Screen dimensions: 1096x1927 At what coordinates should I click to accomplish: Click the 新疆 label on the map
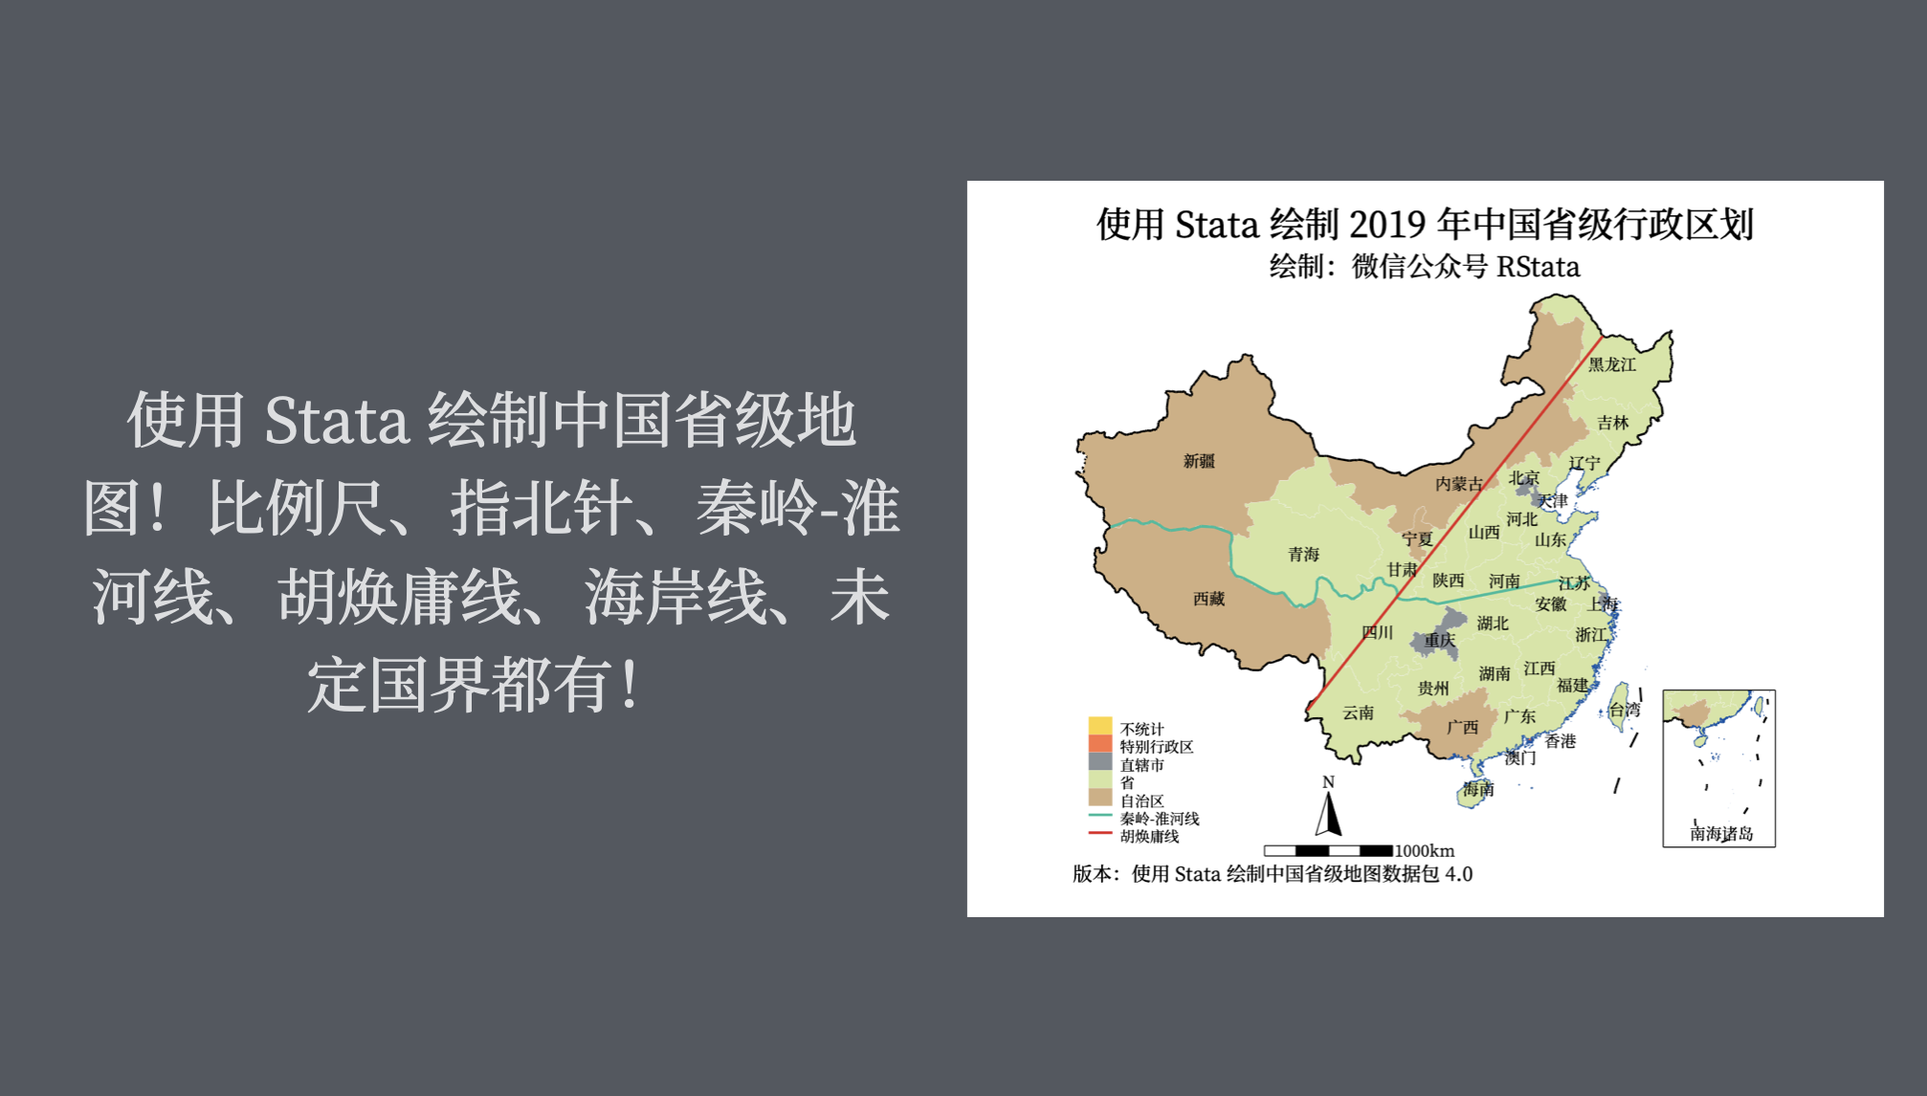1199,461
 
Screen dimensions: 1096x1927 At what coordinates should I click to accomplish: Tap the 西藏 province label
1208,599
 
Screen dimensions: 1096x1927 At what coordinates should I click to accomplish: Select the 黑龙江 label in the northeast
1612,364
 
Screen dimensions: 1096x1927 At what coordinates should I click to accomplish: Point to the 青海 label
1303,554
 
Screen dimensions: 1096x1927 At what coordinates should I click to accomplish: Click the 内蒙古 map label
1458,484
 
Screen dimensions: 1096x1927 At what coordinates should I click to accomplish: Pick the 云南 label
1358,712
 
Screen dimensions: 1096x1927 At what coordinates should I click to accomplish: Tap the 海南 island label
1477,789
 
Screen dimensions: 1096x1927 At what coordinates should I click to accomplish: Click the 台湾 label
1625,710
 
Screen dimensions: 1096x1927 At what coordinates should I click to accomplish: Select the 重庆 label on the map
1439,641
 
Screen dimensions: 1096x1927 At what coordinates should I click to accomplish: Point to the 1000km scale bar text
1424,850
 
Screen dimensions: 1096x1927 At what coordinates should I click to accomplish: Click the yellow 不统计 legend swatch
1100,726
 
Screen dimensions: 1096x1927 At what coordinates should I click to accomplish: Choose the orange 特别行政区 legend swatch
1100,744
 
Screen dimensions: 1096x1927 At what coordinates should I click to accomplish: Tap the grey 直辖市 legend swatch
1100,762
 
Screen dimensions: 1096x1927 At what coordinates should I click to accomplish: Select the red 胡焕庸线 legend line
1100,834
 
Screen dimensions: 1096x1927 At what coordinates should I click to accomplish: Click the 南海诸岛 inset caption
1721,834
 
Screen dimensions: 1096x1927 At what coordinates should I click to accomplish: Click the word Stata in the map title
1216,225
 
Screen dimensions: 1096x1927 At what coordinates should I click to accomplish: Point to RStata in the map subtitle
1538,267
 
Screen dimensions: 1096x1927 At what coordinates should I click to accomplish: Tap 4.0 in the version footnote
1458,874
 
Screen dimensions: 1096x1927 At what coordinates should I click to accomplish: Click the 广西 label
1462,728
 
